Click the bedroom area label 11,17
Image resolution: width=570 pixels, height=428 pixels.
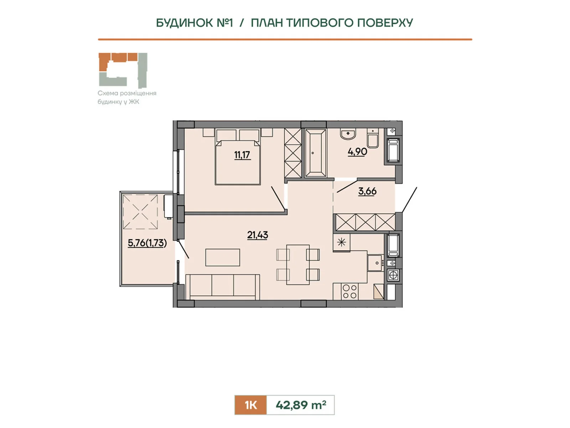point(242,155)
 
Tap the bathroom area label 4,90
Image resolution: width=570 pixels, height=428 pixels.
point(357,152)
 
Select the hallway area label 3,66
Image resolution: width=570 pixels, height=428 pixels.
point(367,191)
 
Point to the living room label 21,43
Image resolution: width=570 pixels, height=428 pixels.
point(257,235)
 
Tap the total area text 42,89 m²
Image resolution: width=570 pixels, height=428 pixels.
point(301,404)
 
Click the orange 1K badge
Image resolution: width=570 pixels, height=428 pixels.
point(250,405)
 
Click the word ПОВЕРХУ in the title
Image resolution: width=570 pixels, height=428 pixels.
point(385,23)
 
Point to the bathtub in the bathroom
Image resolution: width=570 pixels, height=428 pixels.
point(315,153)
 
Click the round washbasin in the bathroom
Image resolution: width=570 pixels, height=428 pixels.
point(348,134)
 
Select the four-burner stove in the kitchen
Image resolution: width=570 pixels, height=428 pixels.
point(349,291)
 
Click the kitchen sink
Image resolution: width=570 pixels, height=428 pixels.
point(375,263)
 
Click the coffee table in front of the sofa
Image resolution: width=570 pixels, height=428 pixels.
point(223,257)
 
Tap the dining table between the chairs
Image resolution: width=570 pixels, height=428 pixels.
point(298,265)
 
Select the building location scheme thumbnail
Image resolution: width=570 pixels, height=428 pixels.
point(123,70)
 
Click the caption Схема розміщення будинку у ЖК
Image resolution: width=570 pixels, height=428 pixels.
point(127,97)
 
